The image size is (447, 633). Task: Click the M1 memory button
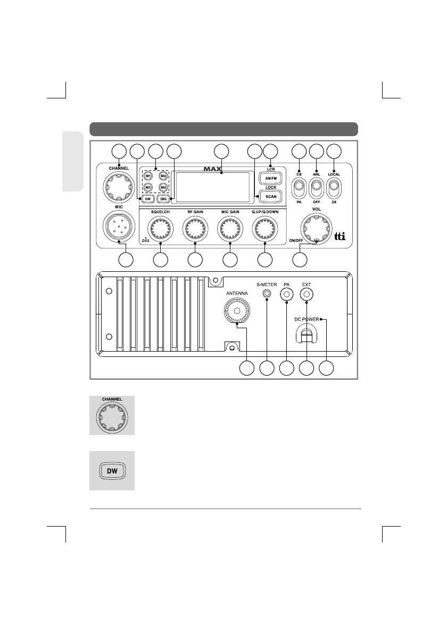pos(148,177)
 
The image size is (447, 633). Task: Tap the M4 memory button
pos(163,187)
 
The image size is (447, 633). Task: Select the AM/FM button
pos(271,178)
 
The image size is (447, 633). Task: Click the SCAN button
pos(271,197)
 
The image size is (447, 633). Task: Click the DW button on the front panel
pos(147,198)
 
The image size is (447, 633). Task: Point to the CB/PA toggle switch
pos(299,188)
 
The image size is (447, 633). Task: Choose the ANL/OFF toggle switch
pos(317,188)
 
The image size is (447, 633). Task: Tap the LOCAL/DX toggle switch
pos(334,188)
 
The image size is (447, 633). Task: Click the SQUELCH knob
pos(160,229)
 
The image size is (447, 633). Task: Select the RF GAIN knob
pos(195,229)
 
